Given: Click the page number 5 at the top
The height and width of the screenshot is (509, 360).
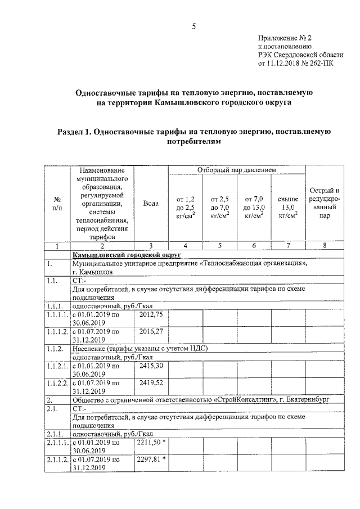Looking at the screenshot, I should pos(193,26).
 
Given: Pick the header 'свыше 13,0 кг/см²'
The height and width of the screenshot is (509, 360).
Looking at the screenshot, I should pos(288,207).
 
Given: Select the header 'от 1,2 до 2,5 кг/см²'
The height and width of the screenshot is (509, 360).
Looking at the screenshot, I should pos(186,207).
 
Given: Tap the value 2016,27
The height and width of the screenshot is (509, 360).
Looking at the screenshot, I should pos(150,331).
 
